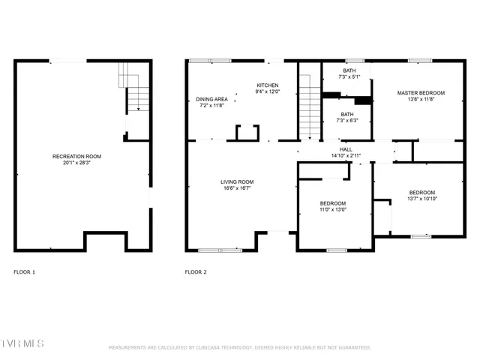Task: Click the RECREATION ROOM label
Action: tap(76, 156)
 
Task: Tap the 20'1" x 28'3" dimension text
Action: tap(76, 163)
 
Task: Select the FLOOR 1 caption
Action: tap(25, 271)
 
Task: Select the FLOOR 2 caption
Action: tap(196, 271)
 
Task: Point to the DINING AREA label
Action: tap(212, 99)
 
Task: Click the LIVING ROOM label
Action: tap(236, 181)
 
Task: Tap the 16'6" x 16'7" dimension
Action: tap(236, 188)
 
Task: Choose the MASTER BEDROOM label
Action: tap(421, 93)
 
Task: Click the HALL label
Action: tap(346, 149)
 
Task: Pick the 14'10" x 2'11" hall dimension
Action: tap(346, 156)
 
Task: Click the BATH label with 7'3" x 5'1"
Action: tap(349, 70)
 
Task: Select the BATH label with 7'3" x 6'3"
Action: tap(349, 113)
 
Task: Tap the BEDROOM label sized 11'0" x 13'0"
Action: tap(333, 203)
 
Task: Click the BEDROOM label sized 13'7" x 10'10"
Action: tap(421, 192)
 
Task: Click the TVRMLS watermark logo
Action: tap(22, 343)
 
